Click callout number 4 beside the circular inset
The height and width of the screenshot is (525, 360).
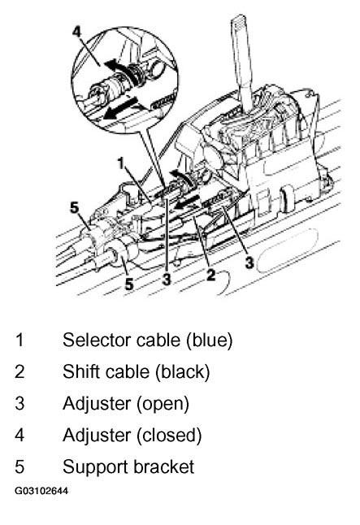tap(76, 33)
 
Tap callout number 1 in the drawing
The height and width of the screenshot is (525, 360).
tap(121, 163)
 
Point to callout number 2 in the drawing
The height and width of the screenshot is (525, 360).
tap(210, 275)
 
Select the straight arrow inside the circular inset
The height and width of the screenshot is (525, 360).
tap(121, 108)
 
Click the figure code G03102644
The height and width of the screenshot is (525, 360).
tap(41, 491)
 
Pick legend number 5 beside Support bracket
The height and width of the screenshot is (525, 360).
tap(20, 466)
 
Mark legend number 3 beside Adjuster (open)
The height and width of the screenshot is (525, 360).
tap(20, 403)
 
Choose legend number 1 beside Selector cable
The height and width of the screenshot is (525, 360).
tap(20, 341)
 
